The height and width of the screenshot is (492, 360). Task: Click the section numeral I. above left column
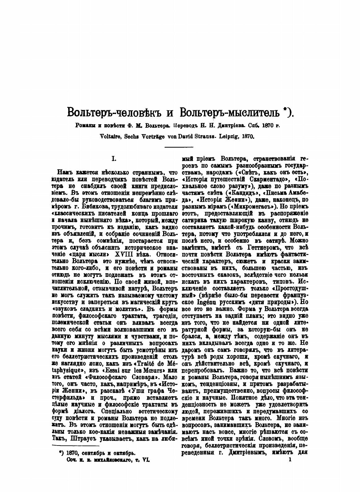coord(114,159)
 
